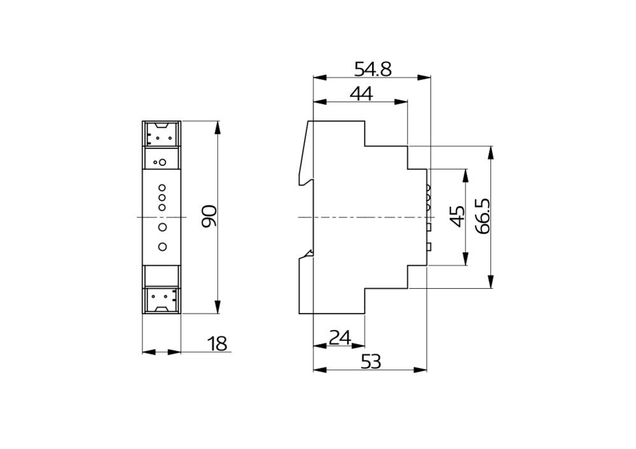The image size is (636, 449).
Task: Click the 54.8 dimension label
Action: tap(373, 69)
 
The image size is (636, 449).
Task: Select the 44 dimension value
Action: tap(361, 93)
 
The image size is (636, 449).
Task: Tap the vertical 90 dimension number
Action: tap(209, 216)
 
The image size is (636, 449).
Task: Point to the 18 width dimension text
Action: tap(218, 344)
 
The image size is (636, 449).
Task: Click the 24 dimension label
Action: tap(340, 337)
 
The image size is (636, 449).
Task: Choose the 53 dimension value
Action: tap(370, 361)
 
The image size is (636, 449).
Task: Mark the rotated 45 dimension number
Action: tap(456, 216)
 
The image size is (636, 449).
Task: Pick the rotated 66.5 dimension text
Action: tap(482, 216)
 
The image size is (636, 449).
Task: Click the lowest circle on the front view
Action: tap(162, 247)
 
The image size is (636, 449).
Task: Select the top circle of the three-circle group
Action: tap(162, 188)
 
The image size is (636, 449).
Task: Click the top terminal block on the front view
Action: tap(162, 134)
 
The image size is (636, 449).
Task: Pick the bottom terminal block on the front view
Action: tap(162, 300)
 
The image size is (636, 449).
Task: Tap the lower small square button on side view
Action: tap(429, 247)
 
